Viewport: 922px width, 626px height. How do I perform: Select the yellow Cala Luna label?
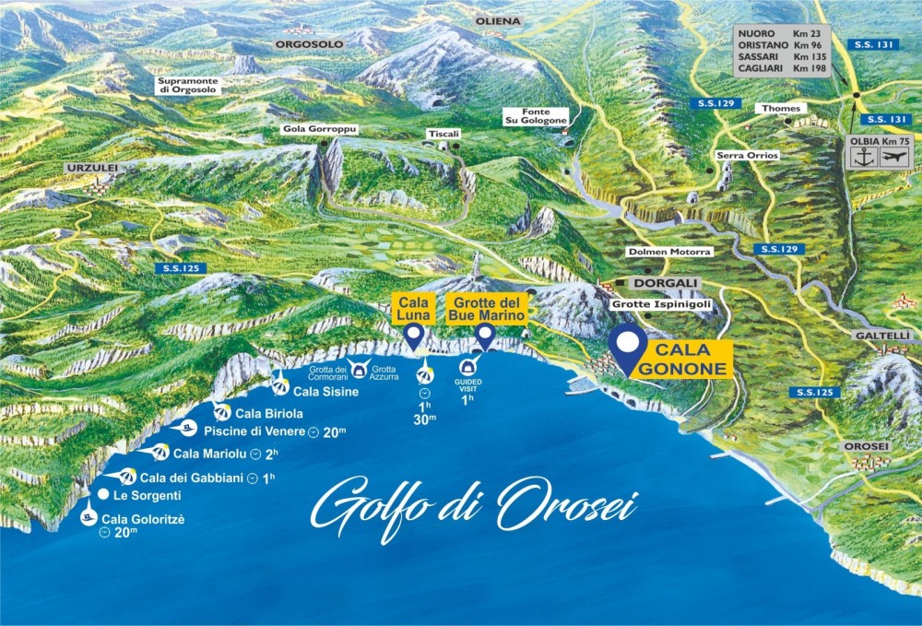(x=414, y=308)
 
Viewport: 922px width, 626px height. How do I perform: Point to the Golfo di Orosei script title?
(x=474, y=505)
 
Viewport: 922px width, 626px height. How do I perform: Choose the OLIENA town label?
(x=498, y=20)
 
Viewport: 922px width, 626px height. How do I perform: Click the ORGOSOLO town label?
(x=308, y=43)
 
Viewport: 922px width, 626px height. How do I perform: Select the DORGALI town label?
(x=668, y=283)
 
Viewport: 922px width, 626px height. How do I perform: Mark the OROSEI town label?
(x=866, y=446)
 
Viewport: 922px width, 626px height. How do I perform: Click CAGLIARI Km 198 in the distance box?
(x=782, y=68)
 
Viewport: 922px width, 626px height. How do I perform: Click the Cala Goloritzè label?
(x=143, y=519)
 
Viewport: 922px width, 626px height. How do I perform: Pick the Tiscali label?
(x=443, y=134)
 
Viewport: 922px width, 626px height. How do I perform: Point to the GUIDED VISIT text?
(x=467, y=384)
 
